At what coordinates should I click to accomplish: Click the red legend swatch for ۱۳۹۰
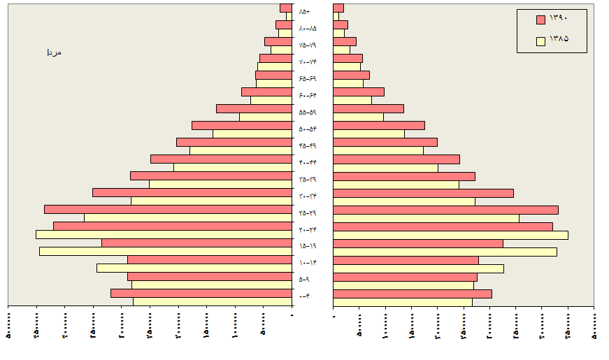point(540,20)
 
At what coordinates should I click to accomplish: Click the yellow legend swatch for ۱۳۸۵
point(540,41)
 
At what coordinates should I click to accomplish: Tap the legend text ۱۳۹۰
point(559,19)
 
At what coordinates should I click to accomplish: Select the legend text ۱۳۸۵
point(559,39)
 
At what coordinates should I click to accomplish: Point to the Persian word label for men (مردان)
point(54,52)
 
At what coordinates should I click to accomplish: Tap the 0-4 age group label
point(305,297)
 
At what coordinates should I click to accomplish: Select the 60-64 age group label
point(308,96)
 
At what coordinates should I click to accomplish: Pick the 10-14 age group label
point(308,263)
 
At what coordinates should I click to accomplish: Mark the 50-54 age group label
point(308,129)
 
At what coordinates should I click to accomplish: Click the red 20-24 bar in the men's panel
point(172,226)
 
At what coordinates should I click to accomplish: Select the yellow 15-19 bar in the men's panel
point(165,251)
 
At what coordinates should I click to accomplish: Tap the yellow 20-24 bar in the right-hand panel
point(450,235)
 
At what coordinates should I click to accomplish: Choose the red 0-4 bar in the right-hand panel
point(413,294)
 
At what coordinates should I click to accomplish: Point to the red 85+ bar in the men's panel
point(285,8)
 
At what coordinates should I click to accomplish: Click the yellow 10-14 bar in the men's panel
point(194,268)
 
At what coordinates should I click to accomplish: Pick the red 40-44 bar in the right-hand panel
point(396,159)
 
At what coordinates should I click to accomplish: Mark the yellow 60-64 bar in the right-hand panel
point(352,100)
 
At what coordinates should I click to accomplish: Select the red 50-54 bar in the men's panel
point(241,125)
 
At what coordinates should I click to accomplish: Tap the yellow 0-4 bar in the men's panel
point(212,302)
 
